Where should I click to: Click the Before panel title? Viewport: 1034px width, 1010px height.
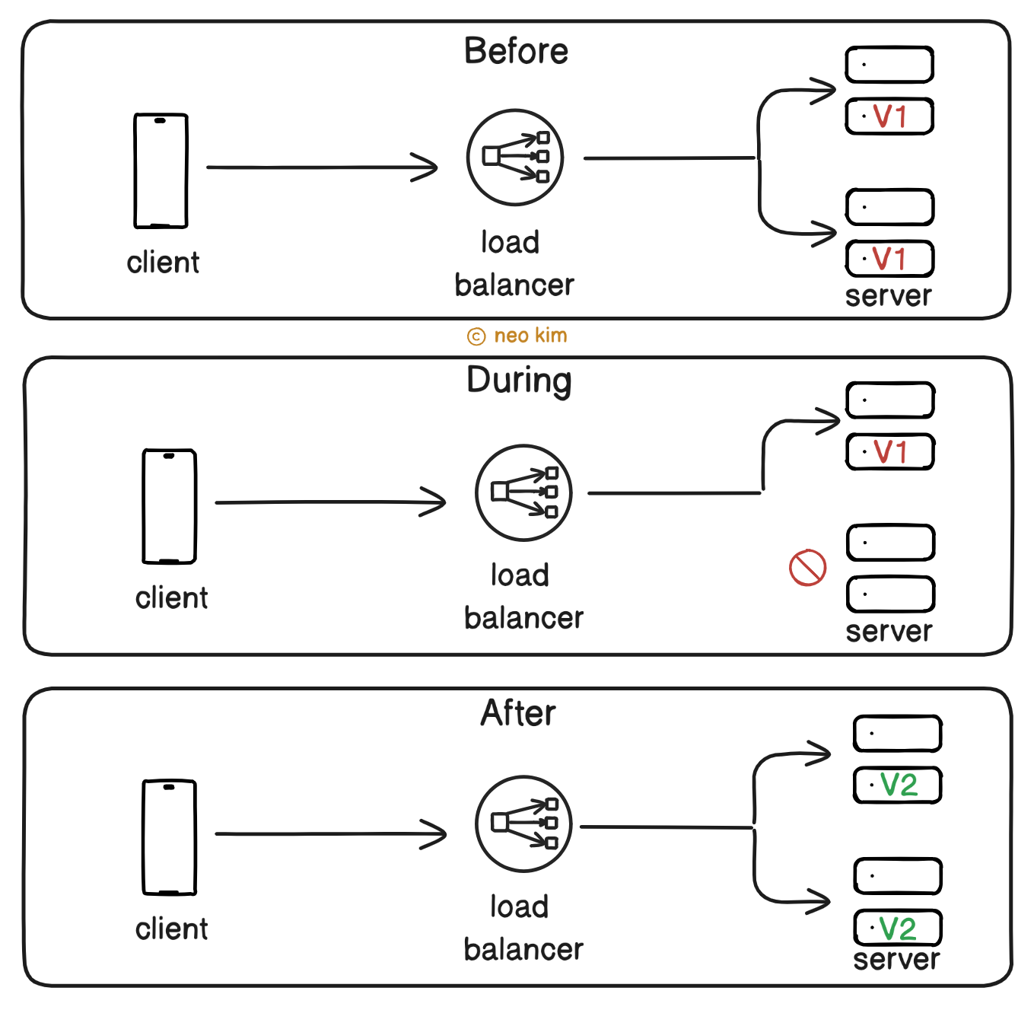[x=516, y=52]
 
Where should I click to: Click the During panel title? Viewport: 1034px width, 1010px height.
[x=519, y=381]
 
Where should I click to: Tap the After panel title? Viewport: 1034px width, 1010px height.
[x=518, y=713]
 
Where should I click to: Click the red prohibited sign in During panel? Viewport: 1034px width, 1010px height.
[x=807, y=568]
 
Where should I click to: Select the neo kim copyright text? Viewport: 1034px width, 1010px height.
[x=517, y=336]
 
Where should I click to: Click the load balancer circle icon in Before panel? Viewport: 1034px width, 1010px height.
[x=515, y=158]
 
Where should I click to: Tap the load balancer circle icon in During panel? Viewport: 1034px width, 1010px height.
[x=523, y=492]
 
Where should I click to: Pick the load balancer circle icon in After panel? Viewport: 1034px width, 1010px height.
[x=523, y=824]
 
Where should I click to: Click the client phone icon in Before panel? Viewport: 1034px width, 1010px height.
[x=161, y=170]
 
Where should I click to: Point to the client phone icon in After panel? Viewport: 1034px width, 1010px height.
[x=169, y=837]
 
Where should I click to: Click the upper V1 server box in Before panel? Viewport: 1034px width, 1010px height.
[x=889, y=116]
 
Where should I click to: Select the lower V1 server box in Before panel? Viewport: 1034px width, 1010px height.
[x=889, y=259]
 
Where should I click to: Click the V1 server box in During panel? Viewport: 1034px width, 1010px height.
[x=890, y=452]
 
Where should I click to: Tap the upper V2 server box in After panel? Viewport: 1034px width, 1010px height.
[x=898, y=785]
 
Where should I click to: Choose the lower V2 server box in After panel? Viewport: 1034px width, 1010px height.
[x=898, y=928]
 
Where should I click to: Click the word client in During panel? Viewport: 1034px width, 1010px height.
[x=171, y=598]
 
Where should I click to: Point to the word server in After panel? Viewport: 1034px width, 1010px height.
[x=896, y=960]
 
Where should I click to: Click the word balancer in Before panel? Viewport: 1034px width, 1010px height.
[x=514, y=285]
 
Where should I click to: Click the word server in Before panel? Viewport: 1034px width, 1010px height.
[x=888, y=296]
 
